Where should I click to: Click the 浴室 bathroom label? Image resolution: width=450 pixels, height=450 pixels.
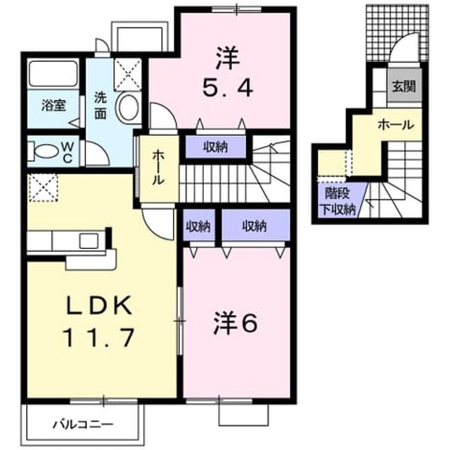[53, 105]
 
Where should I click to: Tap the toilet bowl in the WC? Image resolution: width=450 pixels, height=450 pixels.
[45, 151]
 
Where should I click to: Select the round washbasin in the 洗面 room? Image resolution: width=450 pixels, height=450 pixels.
[127, 108]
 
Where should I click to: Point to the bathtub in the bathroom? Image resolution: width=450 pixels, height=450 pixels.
[53, 73]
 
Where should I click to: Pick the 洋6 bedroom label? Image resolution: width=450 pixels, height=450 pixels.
[236, 323]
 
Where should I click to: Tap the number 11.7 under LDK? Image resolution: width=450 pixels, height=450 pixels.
[99, 337]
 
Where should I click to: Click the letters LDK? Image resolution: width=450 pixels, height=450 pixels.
[99, 304]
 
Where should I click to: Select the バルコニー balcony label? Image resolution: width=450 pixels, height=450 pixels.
[83, 423]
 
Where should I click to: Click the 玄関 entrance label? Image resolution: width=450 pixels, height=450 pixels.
[404, 86]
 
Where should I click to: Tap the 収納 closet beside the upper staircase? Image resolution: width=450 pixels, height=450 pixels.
[216, 148]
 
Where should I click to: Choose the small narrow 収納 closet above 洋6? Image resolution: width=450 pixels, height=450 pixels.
[198, 226]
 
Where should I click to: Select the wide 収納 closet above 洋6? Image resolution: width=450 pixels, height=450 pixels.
[255, 226]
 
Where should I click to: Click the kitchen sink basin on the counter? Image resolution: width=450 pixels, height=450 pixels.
[89, 240]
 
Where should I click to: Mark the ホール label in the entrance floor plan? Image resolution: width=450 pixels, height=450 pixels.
[396, 125]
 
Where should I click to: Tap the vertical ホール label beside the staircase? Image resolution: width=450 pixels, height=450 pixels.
[158, 167]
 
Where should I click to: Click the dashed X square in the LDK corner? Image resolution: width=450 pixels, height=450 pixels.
[44, 188]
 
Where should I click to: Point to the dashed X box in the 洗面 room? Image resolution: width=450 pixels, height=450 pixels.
[128, 75]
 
